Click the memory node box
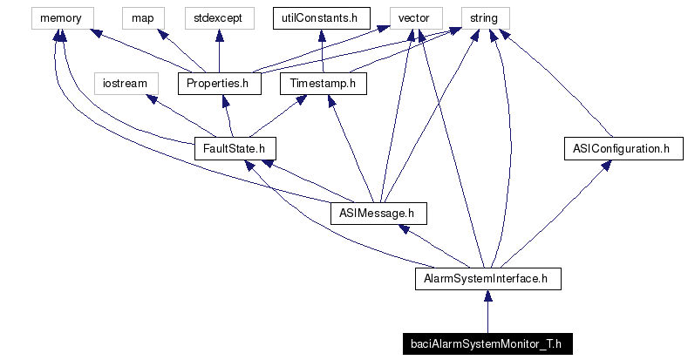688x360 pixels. [60, 17]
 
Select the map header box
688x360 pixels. [142, 17]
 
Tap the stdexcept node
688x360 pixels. [217, 17]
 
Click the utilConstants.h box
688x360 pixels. [321, 17]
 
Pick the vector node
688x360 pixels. [414, 17]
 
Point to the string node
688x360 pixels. [484, 17]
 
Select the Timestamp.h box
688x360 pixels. [324, 84]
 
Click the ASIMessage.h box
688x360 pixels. [378, 214]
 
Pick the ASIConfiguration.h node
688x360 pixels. [621, 149]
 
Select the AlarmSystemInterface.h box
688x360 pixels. [487, 279]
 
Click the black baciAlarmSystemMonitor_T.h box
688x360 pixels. [487, 344]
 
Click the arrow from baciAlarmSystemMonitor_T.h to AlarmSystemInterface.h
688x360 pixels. [487, 312]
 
